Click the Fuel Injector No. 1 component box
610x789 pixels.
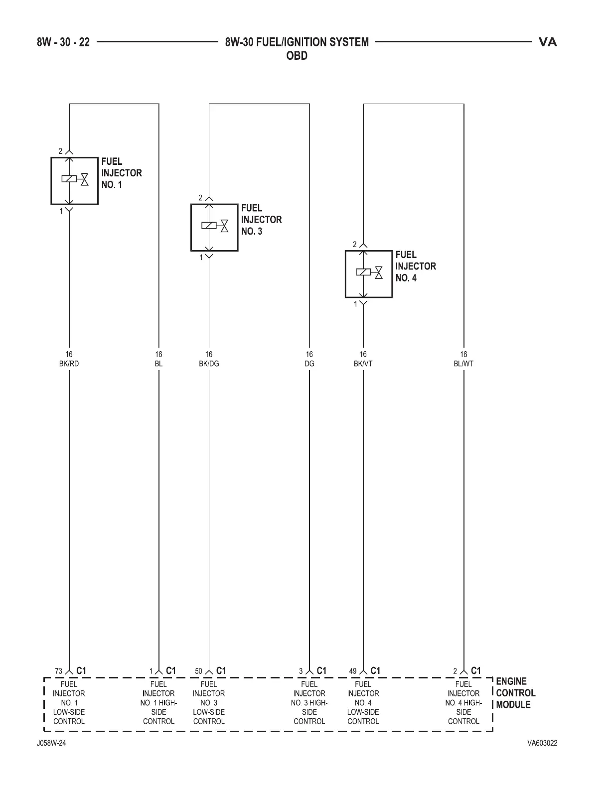point(74,181)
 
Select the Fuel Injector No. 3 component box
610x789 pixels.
point(214,227)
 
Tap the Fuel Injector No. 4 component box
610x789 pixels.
point(369,274)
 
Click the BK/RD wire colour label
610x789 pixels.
point(69,364)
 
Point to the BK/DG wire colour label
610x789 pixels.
point(209,364)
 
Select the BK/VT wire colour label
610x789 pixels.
point(363,364)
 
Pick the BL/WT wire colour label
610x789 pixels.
point(463,364)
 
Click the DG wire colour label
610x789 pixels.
point(309,364)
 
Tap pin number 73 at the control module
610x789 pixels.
point(58,671)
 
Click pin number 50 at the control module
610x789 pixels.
point(198,671)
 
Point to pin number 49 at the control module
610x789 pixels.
point(353,671)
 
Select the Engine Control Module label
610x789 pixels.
point(515,693)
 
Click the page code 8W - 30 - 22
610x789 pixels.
point(63,42)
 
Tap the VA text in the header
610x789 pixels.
point(548,42)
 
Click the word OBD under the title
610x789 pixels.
point(297,56)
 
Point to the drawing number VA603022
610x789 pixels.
point(542,743)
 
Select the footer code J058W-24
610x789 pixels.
point(51,743)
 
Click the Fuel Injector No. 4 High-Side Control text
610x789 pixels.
point(463,703)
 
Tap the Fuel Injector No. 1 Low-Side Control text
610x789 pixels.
point(69,703)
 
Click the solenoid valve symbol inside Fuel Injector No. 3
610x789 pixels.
point(215,225)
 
